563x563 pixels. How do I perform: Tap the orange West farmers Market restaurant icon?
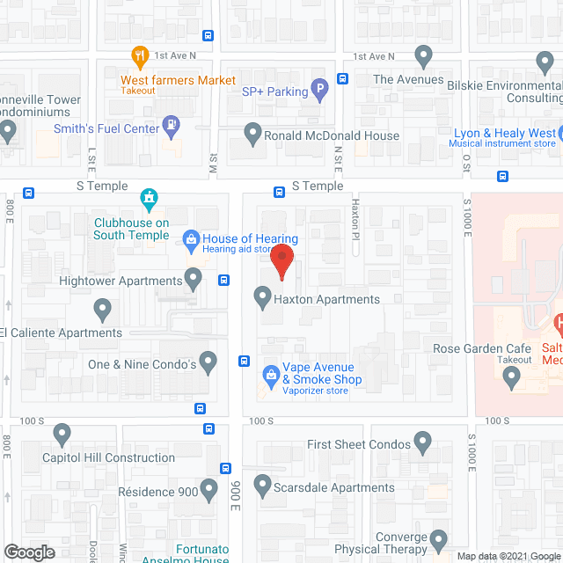[x=139, y=58]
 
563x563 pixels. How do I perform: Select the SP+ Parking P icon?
[x=321, y=89]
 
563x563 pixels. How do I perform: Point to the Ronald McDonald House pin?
[x=253, y=135]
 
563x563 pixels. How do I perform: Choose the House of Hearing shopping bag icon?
[x=189, y=238]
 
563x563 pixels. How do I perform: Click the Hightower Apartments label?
[x=120, y=281]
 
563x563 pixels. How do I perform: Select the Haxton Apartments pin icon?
[x=261, y=297]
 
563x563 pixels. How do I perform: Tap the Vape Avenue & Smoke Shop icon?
[x=271, y=375]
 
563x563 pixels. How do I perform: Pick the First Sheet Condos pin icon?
[x=423, y=442]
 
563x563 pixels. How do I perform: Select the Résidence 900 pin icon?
[x=208, y=489]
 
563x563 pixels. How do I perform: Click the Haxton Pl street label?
[x=356, y=231]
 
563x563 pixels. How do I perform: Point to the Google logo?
[x=28, y=552]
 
